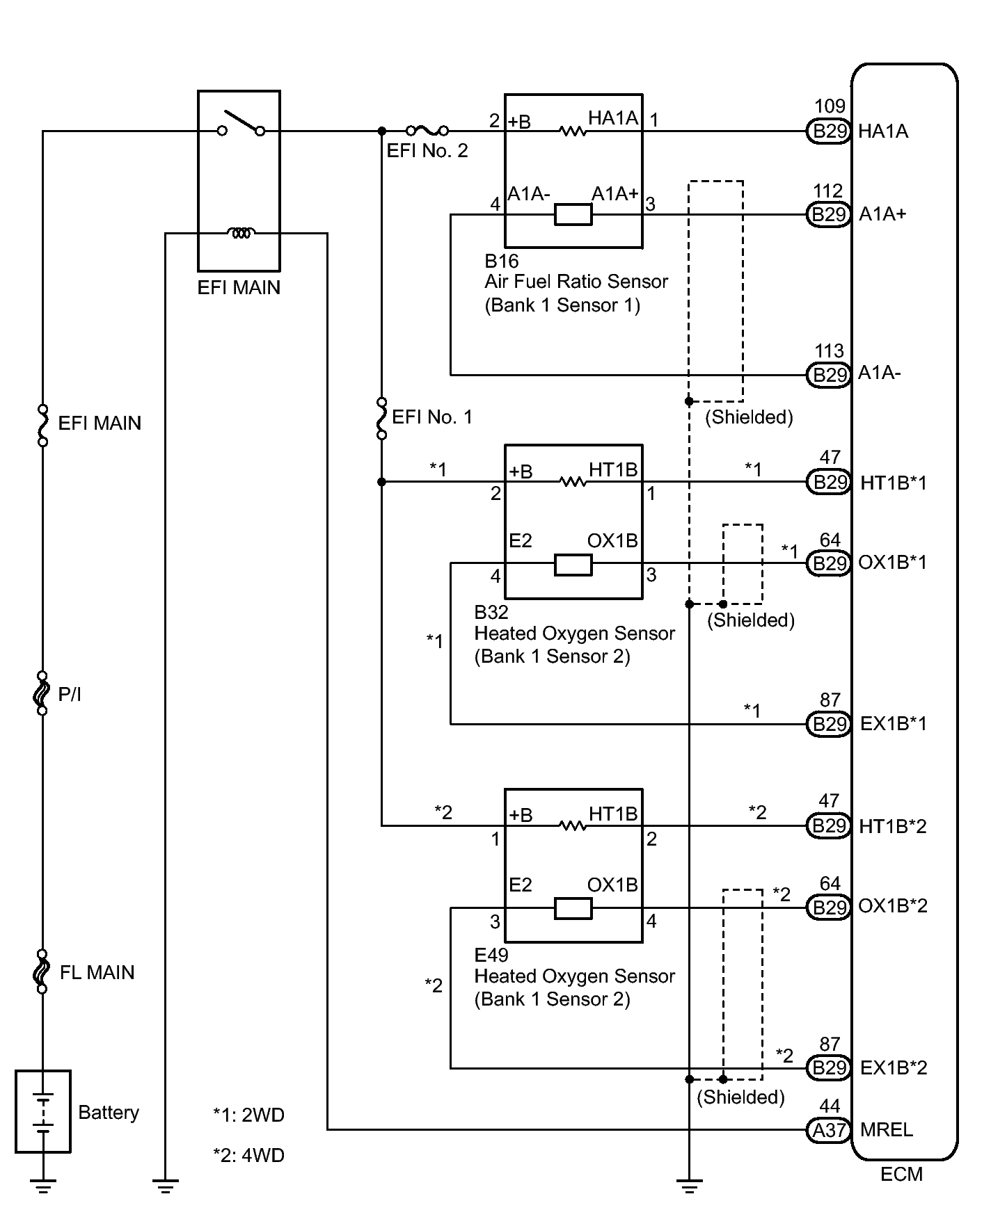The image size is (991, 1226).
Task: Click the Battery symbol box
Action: pos(42,1111)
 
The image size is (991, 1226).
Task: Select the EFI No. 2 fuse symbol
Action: pos(427,130)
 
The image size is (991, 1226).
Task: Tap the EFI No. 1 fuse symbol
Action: pos(381,418)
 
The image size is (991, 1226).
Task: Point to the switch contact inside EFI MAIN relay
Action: pos(241,125)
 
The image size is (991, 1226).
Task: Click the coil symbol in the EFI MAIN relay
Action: pos(241,233)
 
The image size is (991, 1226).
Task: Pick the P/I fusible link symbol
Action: pos(42,693)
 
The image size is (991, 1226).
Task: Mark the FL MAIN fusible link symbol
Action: pos(42,971)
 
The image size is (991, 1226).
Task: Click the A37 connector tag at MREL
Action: pos(829,1130)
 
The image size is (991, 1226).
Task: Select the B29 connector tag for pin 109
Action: pos(829,131)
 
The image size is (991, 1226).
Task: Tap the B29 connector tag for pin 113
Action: pos(829,375)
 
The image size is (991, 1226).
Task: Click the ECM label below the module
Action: pos(901,1175)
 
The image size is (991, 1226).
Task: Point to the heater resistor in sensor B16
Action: pos(573,131)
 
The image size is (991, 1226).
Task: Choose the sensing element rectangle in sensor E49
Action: pos(573,908)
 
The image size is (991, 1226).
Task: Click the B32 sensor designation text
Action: pos(491,612)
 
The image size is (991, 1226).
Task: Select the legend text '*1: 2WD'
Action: pos(248,1115)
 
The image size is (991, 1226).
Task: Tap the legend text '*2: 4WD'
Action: pos(248,1155)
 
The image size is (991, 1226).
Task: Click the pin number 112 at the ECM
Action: pos(828,191)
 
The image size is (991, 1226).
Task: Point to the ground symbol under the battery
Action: pos(42,1186)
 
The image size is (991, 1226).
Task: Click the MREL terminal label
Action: pos(886,1130)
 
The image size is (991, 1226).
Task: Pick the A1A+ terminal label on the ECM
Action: pos(882,213)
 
